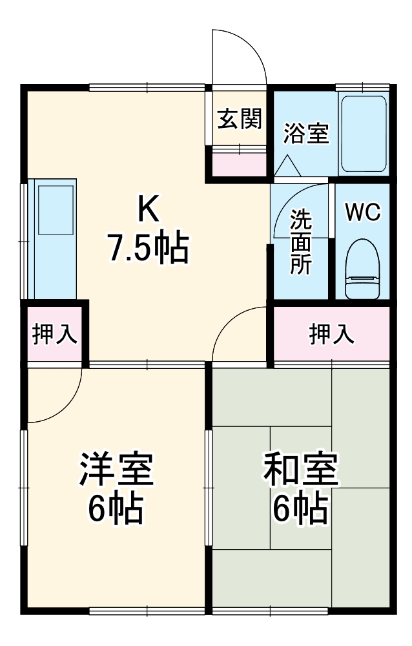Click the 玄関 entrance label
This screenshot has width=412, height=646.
click(239, 119)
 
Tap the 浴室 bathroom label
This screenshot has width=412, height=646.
click(307, 134)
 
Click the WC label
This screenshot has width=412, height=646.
click(362, 213)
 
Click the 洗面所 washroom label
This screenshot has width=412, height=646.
click(300, 243)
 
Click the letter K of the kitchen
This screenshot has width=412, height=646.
click(147, 209)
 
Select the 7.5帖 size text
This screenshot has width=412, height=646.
click(148, 248)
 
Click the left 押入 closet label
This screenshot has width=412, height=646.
click(55, 334)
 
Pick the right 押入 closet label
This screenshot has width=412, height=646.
click(331, 334)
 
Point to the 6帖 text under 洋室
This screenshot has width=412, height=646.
click(116, 510)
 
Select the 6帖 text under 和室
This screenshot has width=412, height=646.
click(300, 510)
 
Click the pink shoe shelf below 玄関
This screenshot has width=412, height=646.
click(239, 164)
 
